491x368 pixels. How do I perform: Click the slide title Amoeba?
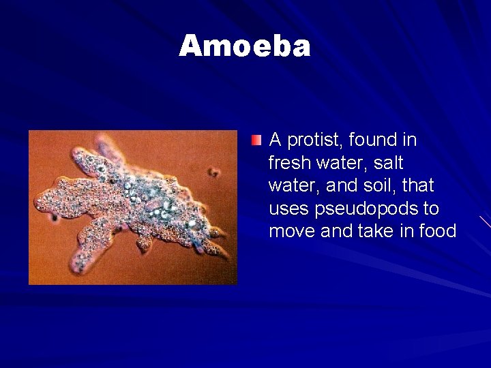coord(245,46)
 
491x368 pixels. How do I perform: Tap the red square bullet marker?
coord(256,141)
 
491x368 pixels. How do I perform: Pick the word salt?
coord(389,164)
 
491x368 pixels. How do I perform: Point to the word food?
coord(437,232)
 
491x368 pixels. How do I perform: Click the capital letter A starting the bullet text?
coord(276,140)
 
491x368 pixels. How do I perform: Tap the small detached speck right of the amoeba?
coord(214,172)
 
